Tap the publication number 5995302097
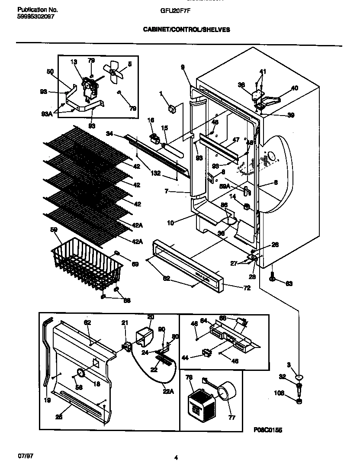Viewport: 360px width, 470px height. click(30, 16)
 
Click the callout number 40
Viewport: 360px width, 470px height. click(294, 88)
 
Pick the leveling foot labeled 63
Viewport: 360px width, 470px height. click(272, 278)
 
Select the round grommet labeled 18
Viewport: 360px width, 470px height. click(80, 373)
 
